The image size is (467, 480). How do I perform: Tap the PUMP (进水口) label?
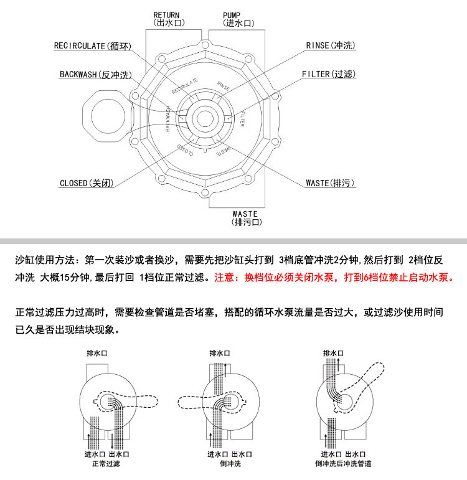pyautogui.click(x=238, y=18)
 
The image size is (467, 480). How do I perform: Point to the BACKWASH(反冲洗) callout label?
pyautogui.click(x=96, y=75)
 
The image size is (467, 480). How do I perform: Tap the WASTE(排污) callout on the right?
pyautogui.click(x=330, y=183)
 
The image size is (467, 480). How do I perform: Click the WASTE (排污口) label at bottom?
pyautogui.click(x=245, y=218)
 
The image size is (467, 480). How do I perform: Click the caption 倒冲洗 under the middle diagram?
pyautogui.click(x=230, y=464)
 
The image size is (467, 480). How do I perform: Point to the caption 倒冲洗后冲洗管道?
pyautogui.click(x=344, y=464)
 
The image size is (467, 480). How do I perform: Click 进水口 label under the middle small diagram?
pyautogui.click(x=218, y=454)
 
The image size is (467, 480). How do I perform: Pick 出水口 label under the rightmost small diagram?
pyautogui.click(x=357, y=454)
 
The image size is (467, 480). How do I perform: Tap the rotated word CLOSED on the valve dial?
pyautogui.click(x=186, y=149)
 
